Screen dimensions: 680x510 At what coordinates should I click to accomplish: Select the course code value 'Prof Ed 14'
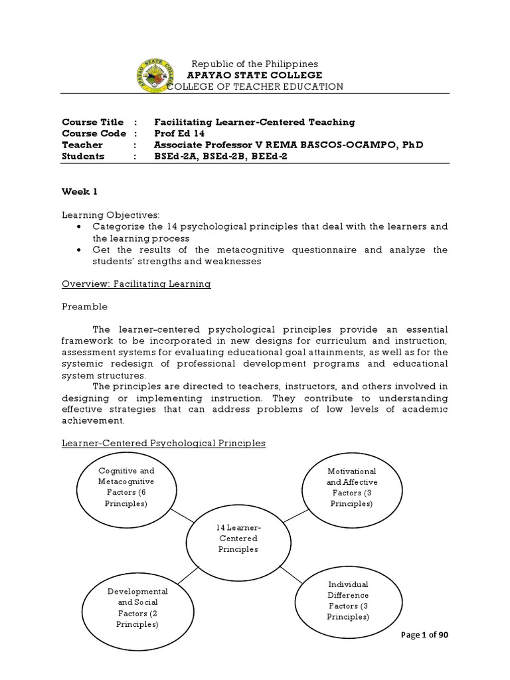tap(181, 133)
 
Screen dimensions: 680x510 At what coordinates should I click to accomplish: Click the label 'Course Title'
tap(92, 122)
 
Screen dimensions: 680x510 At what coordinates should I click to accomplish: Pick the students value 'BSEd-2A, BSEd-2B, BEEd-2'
tap(220, 156)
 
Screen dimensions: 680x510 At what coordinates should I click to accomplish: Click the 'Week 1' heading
tap(80, 191)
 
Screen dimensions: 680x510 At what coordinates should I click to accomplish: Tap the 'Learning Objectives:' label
tap(111, 215)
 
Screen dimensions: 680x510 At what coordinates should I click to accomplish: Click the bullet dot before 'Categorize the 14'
tap(80, 227)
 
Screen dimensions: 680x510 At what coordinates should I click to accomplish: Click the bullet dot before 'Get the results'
tap(80, 250)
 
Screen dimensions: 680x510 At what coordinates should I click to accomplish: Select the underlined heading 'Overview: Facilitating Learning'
tap(136, 284)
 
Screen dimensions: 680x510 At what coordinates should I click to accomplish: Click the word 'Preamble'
tap(84, 307)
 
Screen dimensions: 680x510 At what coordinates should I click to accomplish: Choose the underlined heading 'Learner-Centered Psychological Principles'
tap(163, 443)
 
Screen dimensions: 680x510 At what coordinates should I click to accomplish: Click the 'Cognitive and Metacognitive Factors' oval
tap(126, 486)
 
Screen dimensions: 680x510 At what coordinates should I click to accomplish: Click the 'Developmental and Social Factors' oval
tap(137, 608)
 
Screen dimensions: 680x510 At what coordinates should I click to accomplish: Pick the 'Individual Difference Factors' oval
tap(347, 600)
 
